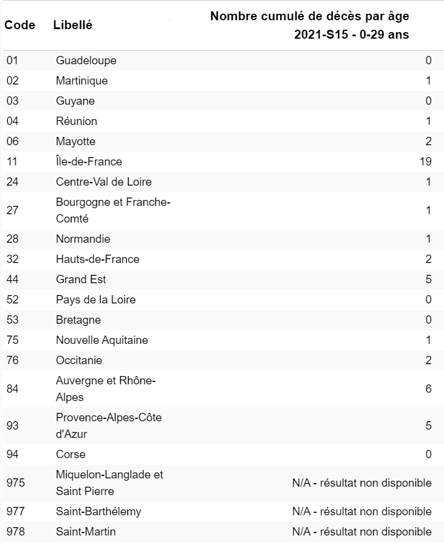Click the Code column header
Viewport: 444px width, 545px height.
(20, 25)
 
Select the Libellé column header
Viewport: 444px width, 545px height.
(73, 25)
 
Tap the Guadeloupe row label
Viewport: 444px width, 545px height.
(86, 60)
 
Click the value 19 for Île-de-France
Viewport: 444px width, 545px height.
(425, 161)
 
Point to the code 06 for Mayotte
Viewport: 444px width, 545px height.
(12, 141)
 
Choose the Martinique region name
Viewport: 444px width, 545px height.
(82, 80)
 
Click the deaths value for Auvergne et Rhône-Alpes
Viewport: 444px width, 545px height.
(428, 389)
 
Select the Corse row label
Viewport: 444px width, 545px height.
(70, 454)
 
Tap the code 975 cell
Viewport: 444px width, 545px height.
(15, 483)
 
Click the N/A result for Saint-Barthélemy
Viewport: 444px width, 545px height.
(361, 511)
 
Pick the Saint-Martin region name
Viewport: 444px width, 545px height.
(86, 531)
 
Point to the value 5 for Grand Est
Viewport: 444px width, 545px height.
(428, 279)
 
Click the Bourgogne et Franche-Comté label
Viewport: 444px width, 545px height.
(113, 210)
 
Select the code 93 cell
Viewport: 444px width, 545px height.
(12, 425)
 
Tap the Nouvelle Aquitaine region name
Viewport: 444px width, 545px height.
(102, 340)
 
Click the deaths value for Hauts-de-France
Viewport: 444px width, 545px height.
(428, 259)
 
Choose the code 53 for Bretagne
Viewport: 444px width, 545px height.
(12, 320)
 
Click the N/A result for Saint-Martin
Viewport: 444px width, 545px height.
(361, 531)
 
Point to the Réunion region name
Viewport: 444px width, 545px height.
(76, 121)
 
